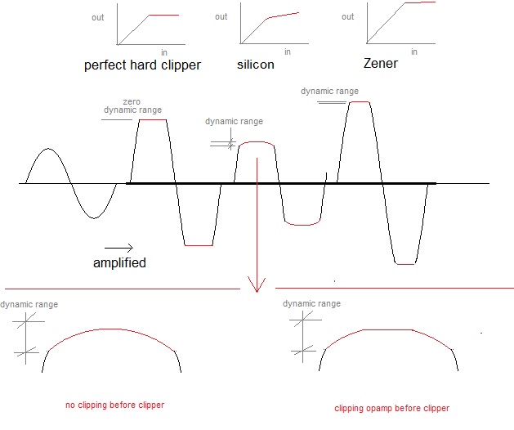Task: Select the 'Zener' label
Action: click(x=380, y=64)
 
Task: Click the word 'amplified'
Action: click(x=119, y=263)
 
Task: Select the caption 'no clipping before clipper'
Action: click(x=114, y=405)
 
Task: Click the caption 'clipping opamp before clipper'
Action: click(x=391, y=408)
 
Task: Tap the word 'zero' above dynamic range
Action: click(x=131, y=101)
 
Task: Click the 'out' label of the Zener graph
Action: click(x=348, y=16)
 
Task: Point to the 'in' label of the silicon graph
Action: click(x=286, y=52)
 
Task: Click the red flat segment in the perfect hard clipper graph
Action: click(x=163, y=16)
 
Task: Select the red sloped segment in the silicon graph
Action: click(x=284, y=16)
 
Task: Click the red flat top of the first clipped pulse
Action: click(x=153, y=120)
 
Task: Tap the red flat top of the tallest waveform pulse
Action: click(x=359, y=102)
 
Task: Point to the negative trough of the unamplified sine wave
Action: click(x=94, y=217)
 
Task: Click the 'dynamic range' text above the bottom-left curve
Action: click(x=29, y=304)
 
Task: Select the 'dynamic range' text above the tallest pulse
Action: click(x=329, y=92)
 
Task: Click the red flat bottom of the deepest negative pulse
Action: click(x=406, y=264)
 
